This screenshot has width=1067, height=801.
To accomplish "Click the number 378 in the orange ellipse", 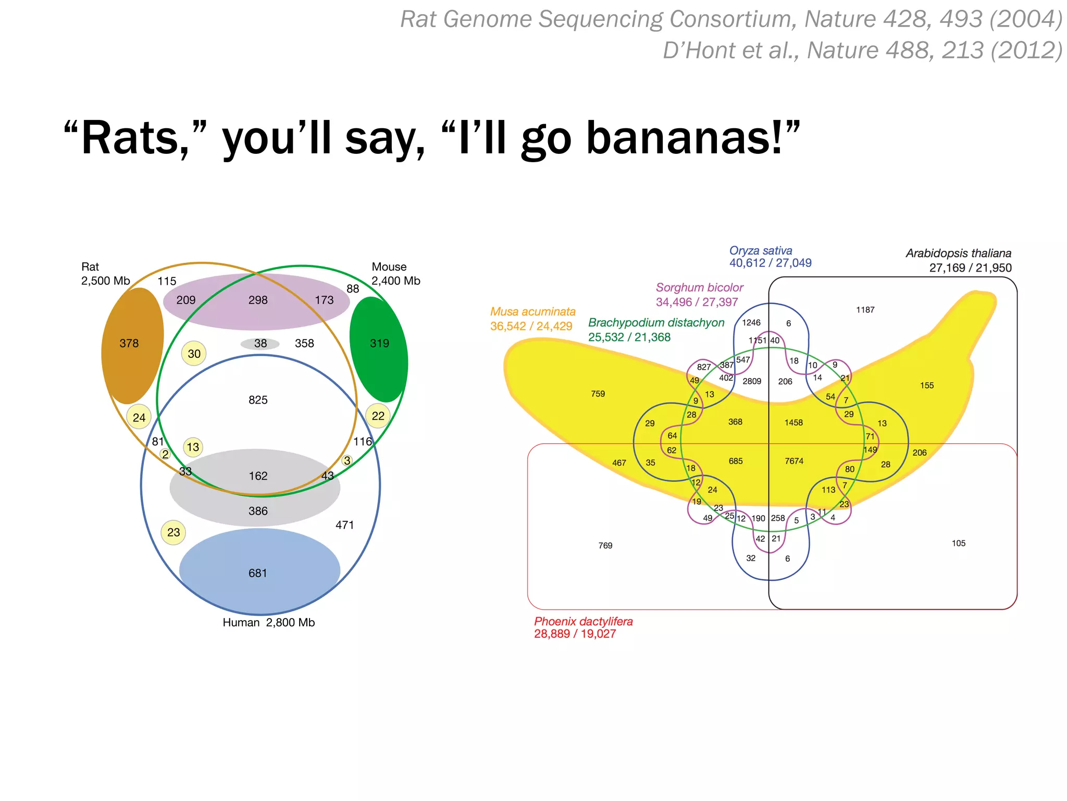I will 129,343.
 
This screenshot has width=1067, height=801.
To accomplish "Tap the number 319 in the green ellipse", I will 379,343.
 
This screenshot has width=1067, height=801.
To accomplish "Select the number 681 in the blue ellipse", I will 258,573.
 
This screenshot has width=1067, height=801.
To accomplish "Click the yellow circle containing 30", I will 194,354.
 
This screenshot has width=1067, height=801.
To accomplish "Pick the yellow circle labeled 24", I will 139,417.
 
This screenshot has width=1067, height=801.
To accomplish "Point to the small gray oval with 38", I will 260,344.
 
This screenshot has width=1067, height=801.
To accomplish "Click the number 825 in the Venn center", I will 258,400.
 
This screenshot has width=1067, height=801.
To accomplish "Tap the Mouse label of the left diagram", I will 389,267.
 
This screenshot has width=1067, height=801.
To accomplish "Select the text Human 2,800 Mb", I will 268,623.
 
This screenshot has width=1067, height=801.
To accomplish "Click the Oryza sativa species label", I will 761,251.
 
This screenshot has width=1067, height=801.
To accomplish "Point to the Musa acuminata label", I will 532,312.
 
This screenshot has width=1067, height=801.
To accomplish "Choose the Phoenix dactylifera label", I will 583,622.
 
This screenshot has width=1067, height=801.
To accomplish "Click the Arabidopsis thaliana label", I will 958,253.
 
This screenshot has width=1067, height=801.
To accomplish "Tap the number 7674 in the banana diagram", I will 794,461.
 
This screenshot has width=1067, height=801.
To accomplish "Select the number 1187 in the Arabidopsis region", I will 865,310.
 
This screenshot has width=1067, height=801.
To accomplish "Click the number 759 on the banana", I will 598,394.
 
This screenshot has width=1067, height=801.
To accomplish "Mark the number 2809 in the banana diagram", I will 752,381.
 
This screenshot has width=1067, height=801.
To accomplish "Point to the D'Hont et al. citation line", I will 862,51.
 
